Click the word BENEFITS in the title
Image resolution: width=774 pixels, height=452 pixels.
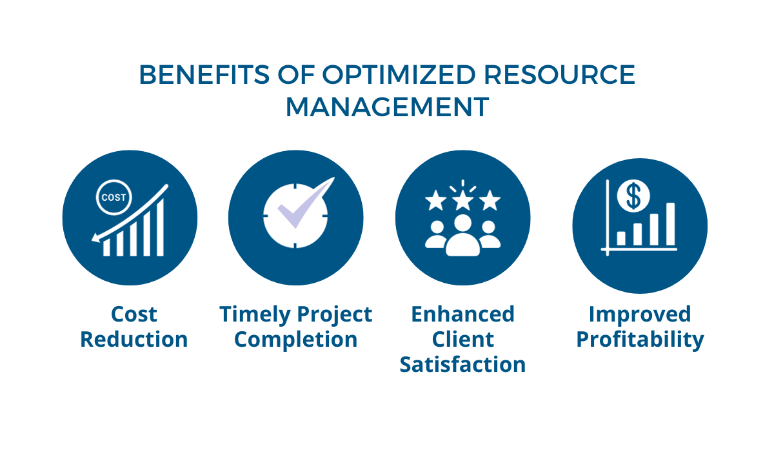204,75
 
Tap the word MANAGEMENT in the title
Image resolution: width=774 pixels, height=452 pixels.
388,107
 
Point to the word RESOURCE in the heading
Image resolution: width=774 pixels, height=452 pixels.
560,75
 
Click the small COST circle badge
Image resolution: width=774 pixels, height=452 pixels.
114,198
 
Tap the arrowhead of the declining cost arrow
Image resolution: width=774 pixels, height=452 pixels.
95,238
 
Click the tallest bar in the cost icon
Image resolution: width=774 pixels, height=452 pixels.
160,227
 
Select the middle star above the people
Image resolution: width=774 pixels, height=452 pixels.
462,201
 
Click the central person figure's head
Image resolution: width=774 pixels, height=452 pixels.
462,223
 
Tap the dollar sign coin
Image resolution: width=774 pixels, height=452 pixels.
633,196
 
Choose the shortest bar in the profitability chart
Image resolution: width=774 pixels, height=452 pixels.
621,239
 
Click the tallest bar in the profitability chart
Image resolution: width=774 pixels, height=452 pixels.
670,224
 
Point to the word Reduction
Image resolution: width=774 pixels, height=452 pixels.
134,339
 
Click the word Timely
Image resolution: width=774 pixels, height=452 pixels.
255,314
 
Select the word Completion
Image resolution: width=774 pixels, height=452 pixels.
296,340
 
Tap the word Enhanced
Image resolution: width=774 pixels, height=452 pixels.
463,314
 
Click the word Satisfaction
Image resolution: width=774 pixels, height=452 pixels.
462,364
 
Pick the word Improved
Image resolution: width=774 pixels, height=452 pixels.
640,314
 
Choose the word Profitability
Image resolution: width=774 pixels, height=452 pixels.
640,340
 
